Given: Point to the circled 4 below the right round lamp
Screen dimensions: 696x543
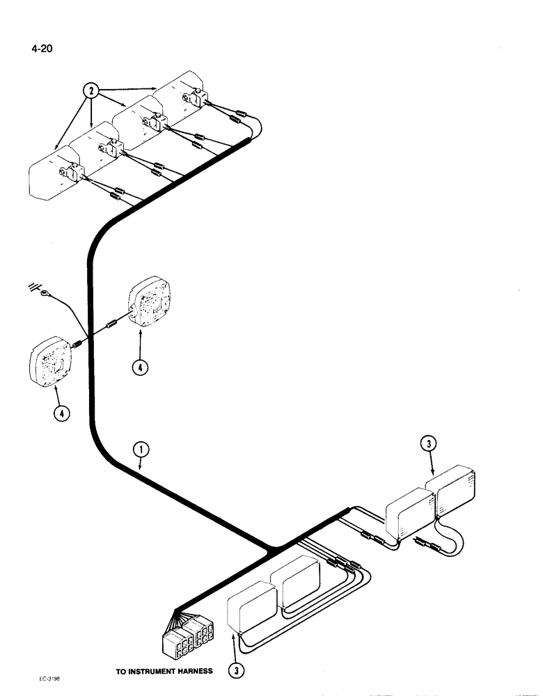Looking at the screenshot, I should tap(142, 367).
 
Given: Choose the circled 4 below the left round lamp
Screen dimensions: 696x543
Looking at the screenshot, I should tap(63, 413).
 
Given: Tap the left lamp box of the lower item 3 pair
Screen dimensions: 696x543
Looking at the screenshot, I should tap(251, 613).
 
